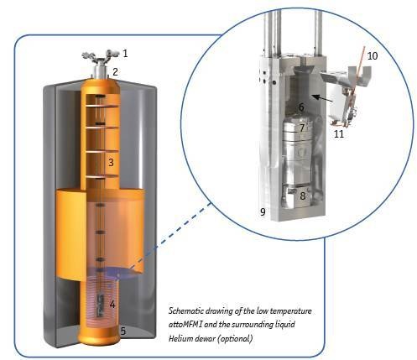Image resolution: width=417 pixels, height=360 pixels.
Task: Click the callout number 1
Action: [125, 53]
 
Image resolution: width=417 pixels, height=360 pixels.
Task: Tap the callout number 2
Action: [115, 72]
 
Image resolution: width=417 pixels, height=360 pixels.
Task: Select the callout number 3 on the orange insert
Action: [111, 162]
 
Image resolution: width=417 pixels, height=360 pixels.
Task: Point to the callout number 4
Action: [112, 305]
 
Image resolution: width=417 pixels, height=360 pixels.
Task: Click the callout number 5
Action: [123, 331]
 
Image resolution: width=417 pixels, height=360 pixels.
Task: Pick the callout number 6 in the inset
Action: [301, 107]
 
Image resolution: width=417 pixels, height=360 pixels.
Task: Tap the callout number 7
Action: [302, 128]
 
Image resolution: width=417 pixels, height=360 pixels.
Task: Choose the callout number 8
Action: [303, 196]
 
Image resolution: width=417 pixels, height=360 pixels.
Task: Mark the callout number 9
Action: [263, 211]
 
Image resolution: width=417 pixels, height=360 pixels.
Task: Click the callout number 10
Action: [373, 55]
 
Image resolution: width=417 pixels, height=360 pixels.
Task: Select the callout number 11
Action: [339, 134]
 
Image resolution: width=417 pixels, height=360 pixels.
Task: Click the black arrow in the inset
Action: [322, 98]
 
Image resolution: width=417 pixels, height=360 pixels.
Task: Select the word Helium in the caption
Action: [179, 338]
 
